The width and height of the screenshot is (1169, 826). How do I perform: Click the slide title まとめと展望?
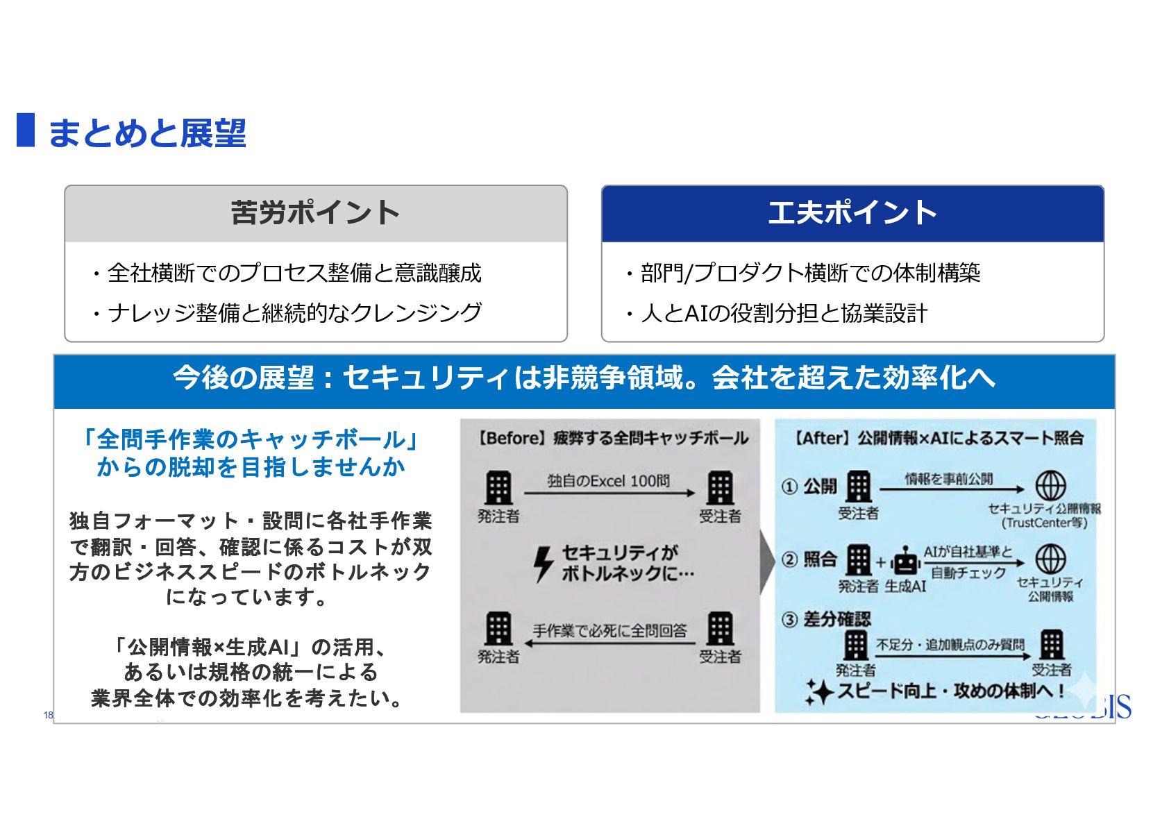pos(146,133)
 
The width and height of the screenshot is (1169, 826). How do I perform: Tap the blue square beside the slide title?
pos(26,130)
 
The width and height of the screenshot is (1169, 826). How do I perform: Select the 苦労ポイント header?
pos(315,213)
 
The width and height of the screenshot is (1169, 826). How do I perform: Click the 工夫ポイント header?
pos(852,213)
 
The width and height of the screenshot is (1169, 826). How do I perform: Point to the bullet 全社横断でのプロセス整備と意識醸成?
pos(287,273)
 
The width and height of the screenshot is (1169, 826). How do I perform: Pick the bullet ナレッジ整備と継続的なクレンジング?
pos(287,313)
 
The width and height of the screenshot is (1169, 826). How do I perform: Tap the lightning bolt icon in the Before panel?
pos(543,563)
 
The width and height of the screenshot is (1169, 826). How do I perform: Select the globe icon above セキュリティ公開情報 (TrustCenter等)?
pos(1050,486)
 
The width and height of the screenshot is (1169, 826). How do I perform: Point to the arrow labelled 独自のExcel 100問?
pos(609,493)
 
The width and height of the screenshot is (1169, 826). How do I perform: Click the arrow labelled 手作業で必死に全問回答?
pos(609,643)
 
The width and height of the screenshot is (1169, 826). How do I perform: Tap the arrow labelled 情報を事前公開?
pos(951,489)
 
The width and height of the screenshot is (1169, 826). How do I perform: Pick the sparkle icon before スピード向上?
pos(819,691)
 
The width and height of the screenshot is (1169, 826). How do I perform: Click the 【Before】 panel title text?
pos(611,438)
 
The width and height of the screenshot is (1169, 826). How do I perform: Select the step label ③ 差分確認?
pos(826,619)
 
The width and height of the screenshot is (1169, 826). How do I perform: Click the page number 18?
pos(48,715)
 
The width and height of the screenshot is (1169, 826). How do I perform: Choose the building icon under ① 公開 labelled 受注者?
pos(859,487)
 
